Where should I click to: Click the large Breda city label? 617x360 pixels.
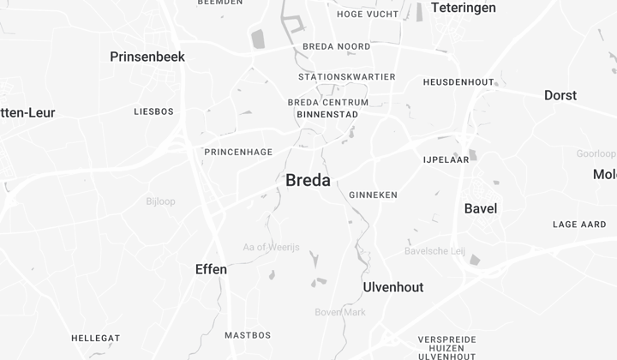(x=308, y=180)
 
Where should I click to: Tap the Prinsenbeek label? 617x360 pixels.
(x=147, y=57)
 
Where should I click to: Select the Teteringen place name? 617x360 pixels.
(x=463, y=8)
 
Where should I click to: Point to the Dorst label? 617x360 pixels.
(x=560, y=95)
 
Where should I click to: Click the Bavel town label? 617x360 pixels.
(x=480, y=208)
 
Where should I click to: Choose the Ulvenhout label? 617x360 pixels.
(x=393, y=287)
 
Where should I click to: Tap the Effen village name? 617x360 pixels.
(x=211, y=269)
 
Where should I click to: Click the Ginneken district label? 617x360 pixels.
(x=374, y=195)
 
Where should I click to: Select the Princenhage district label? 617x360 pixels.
(x=238, y=152)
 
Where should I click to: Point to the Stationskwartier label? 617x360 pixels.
(x=347, y=76)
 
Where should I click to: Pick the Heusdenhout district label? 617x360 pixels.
(x=458, y=82)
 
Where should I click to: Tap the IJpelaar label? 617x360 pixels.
(x=446, y=159)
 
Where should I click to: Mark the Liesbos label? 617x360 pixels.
(x=154, y=111)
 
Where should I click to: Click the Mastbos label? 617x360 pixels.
(x=248, y=334)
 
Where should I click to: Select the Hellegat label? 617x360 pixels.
(x=95, y=338)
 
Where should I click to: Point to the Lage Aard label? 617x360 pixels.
(x=579, y=225)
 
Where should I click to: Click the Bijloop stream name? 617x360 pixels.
(x=160, y=201)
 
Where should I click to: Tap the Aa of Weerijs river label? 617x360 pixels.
(x=272, y=247)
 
